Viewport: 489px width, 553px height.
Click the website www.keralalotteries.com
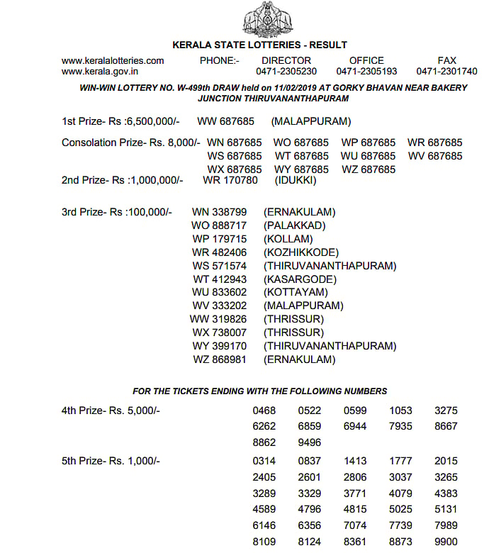[113, 61]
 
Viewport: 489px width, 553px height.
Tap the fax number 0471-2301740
[446, 72]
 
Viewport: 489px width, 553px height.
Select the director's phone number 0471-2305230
[286, 72]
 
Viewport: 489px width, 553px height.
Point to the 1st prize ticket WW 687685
[227, 122]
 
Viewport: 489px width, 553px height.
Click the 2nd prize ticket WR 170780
[230, 180]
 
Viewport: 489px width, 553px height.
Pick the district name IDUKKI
[296, 180]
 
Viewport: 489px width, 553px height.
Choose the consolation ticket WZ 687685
[368, 169]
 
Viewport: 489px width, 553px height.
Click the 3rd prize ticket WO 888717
[220, 225]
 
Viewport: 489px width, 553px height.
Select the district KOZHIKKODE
[301, 252]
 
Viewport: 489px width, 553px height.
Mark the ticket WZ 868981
[220, 359]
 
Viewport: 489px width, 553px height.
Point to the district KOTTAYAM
[296, 292]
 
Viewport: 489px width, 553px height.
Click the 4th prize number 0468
[264, 410]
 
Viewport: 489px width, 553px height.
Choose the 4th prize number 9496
[309, 442]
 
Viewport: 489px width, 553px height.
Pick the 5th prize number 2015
[446, 461]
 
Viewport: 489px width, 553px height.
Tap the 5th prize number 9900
[446, 542]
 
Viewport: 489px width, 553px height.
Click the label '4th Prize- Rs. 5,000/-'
[111, 410]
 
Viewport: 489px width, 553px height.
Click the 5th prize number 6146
[264, 525]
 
